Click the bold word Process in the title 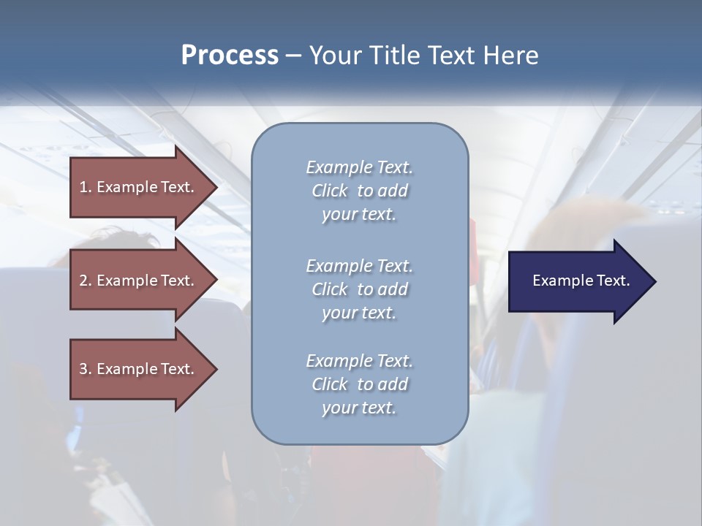(230, 56)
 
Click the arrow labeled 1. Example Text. (139, 187)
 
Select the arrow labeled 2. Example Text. (139, 281)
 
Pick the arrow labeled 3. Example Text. (139, 369)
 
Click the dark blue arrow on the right (578, 281)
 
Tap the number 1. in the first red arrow (85, 187)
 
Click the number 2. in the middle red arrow (85, 281)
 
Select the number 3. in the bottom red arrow (85, 369)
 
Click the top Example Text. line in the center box (359, 167)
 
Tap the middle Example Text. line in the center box (359, 265)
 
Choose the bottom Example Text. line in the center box (359, 361)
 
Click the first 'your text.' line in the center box (359, 215)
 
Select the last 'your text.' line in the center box (359, 408)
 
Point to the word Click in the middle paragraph (330, 289)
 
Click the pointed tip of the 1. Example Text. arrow (216, 187)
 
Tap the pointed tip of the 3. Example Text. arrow (216, 369)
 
